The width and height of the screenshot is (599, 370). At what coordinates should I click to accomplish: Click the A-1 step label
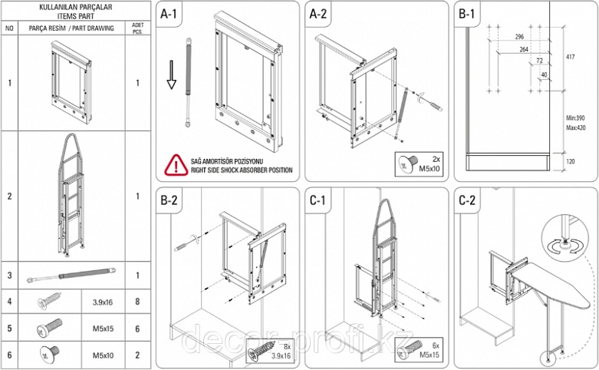pyautogui.click(x=169, y=14)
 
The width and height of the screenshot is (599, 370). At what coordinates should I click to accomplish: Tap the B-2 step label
pyautogui.click(x=169, y=200)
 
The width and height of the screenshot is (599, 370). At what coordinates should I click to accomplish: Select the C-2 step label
pyautogui.click(x=467, y=200)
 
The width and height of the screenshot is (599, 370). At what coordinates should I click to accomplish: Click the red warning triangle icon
pyautogui.click(x=176, y=165)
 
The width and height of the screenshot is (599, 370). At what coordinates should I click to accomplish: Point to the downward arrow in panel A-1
pyautogui.click(x=172, y=74)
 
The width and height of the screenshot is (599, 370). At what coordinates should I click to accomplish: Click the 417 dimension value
pyautogui.click(x=570, y=57)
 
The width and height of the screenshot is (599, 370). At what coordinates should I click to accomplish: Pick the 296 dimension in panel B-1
pyautogui.click(x=519, y=37)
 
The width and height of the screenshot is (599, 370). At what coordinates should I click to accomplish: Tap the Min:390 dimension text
pyautogui.click(x=575, y=118)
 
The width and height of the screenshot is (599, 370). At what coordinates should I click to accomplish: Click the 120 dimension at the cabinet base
pyautogui.click(x=571, y=161)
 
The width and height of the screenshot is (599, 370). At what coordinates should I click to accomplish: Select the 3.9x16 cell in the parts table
pyautogui.click(x=103, y=302)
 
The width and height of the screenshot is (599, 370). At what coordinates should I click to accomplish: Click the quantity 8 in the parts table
pyautogui.click(x=137, y=302)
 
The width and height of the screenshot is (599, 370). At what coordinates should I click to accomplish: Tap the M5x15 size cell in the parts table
pyautogui.click(x=103, y=329)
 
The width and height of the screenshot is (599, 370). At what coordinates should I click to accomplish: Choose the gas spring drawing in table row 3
pyautogui.click(x=71, y=276)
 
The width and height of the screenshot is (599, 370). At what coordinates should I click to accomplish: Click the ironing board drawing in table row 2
pyautogui.click(x=71, y=195)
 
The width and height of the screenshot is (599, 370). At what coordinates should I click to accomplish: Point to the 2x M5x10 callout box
pyautogui.click(x=419, y=164)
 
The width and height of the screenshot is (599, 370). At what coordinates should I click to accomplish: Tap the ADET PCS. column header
pyautogui.click(x=137, y=28)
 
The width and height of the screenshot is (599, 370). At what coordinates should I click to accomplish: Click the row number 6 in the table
pyautogui.click(x=9, y=355)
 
